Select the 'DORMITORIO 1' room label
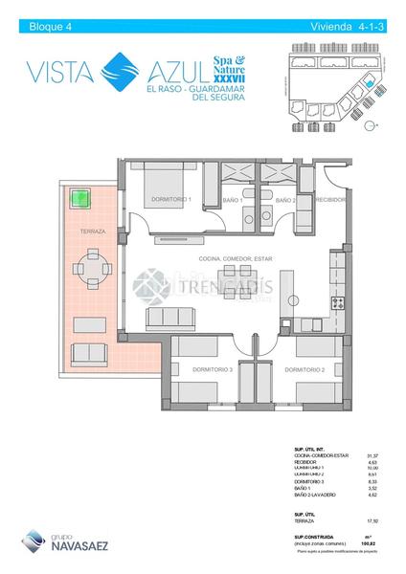coord(171,200)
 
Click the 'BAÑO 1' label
coord(230,200)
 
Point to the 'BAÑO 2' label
coord(284,200)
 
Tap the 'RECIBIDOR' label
coord(330,200)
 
